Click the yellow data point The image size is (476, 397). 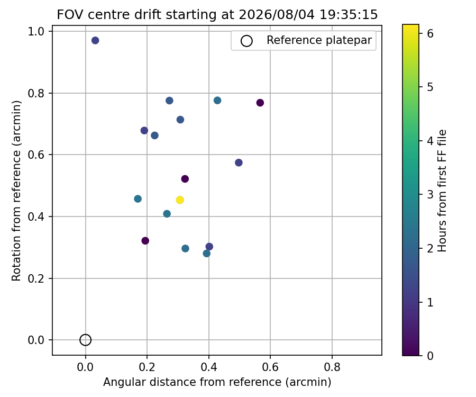tap(180, 200)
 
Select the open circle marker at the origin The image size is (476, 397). tap(85, 340)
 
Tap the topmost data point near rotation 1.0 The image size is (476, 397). tap(95, 40)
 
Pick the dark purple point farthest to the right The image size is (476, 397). tap(260, 103)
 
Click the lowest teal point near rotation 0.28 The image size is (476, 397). tap(206, 254)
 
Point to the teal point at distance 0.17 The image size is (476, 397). tap(138, 199)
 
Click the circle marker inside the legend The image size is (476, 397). tap(246, 41)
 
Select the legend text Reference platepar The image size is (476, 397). tap(319, 40)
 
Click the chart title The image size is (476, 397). tap(217, 14)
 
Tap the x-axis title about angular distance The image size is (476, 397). tap(217, 382)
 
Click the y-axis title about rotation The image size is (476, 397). tap(16, 191)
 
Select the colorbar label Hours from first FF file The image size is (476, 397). tap(442, 191)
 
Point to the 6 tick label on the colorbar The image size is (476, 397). tap(430, 33)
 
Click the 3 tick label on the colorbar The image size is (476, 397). tap(430, 194)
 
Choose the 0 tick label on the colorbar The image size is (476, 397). tap(430, 355)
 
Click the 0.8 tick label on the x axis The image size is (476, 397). tap(332, 367)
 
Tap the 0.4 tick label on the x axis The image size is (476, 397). tap(208, 367)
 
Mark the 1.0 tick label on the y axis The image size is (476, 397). tap(36, 31)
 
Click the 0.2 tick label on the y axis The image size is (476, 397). tap(36, 278)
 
